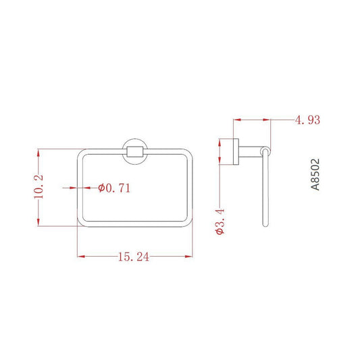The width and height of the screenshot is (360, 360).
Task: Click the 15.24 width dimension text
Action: coord(134,257)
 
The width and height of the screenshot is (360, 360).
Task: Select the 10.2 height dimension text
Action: coord(38,186)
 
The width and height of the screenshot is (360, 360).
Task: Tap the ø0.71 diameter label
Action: coord(114,188)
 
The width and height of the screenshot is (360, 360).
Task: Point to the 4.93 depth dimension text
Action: coord(307,120)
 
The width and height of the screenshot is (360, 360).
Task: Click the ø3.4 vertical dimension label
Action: coord(220,222)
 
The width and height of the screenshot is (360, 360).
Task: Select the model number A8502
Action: coord(315,174)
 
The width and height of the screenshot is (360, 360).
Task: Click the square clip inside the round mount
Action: coord(135,152)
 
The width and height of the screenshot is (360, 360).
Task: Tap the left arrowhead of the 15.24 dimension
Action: coord(81,256)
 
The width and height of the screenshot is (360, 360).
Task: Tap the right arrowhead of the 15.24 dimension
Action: coord(188,256)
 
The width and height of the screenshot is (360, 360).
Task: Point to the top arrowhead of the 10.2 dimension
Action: coord(38,153)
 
